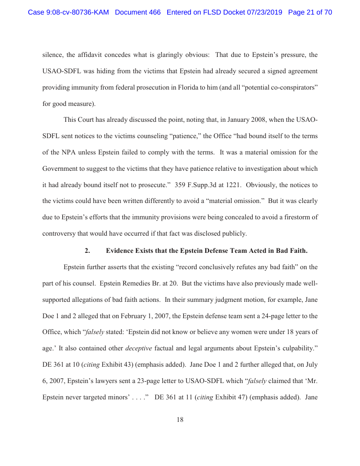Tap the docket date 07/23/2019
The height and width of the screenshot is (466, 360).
(265, 12)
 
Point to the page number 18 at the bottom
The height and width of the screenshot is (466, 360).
(180, 420)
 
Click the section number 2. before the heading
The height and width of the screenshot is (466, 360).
(87, 251)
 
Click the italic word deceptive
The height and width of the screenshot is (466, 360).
(139, 348)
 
